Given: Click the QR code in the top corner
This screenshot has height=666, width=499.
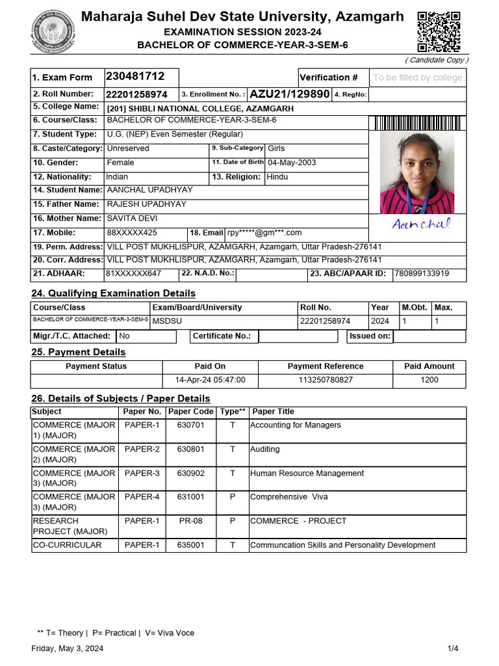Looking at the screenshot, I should click(x=439, y=32).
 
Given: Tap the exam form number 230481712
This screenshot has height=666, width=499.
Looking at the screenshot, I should click(x=135, y=77).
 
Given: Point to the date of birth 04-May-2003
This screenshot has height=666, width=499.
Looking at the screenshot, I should click(x=292, y=163).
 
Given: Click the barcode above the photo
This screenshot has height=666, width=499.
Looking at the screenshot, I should click(x=418, y=124).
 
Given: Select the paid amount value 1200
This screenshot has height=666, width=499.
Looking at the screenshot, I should click(x=429, y=380).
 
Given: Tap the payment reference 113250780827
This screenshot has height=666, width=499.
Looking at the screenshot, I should click(x=326, y=380).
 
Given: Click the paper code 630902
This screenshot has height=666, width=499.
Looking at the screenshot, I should click(x=190, y=473).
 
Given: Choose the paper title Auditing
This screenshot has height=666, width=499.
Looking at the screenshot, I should click(x=265, y=449).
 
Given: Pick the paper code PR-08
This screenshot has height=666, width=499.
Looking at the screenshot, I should click(x=190, y=521).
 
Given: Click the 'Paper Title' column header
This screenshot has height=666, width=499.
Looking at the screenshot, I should click(x=273, y=412).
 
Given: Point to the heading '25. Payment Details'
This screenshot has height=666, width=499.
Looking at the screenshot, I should click(x=79, y=353).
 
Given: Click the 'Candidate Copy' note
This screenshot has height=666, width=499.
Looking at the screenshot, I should click(x=437, y=60).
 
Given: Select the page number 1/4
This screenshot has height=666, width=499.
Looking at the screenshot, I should click(x=453, y=648).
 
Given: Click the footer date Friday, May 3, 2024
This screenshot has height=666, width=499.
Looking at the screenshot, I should click(x=68, y=648).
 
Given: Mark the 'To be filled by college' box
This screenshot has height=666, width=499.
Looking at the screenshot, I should click(x=417, y=77).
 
